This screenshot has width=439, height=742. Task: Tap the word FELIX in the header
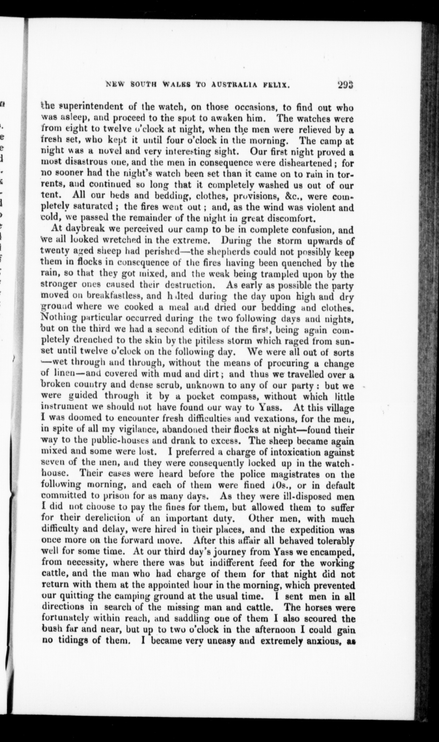tap(274, 85)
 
